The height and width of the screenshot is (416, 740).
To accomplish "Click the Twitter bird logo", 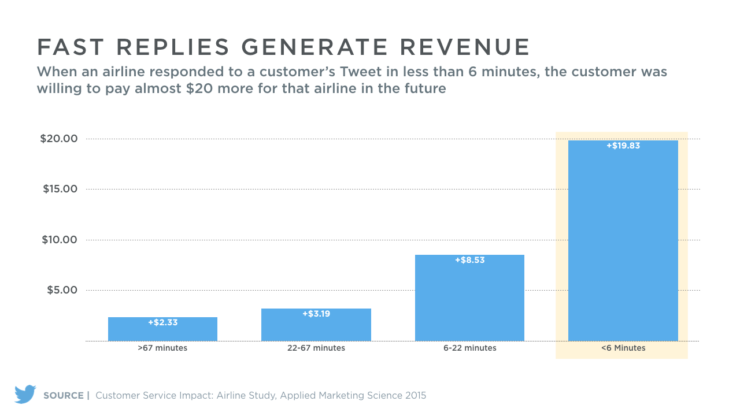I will [x=25, y=395].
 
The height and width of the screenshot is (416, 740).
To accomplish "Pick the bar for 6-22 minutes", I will [x=469, y=300].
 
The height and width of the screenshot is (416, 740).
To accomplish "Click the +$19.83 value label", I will [x=623, y=146].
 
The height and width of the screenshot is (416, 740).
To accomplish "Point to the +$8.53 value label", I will [x=469, y=261].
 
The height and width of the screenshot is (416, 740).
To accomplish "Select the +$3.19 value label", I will [x=316, y=314].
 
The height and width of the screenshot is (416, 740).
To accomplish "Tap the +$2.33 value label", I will [x=162, y=323].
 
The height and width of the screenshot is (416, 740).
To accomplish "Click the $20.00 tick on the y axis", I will [x=58, y=139].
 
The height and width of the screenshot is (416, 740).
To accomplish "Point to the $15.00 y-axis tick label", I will [x=60, y=189].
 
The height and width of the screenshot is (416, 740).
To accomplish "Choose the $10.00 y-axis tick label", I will [x=60, y=240].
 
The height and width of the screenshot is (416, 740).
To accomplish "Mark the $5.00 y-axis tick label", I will [x=62, y=290].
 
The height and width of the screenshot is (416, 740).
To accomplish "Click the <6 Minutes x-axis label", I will [x=623, y=348].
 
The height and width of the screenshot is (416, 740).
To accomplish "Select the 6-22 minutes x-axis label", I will [x=469, y=348].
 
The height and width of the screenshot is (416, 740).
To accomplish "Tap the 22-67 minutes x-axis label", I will [x=316, y=348].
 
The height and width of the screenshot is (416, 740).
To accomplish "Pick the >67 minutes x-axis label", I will [x=162, y=348].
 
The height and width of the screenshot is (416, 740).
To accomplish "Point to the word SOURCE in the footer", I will [x=64, y=396].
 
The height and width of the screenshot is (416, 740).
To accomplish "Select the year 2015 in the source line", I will [x=415, y=396].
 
